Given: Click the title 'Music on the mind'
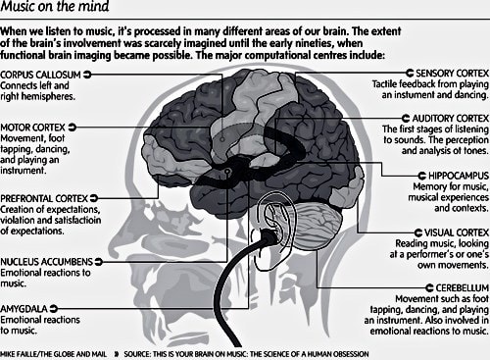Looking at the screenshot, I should point(60,12).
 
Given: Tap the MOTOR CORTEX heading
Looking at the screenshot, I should point(35,126).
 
